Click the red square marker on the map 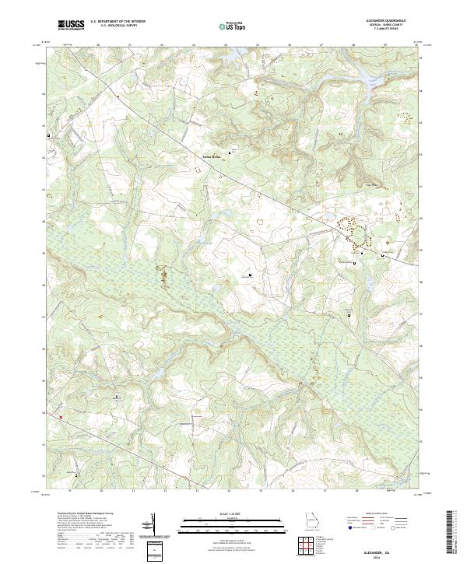pyautogui.click(x=60, y=417)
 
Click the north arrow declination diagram pyautogui.click(x=153, y=523)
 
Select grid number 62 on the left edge pyautogui.click(x=44, y=156)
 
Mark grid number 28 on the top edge pyautogui.click(x=354, y=46)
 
